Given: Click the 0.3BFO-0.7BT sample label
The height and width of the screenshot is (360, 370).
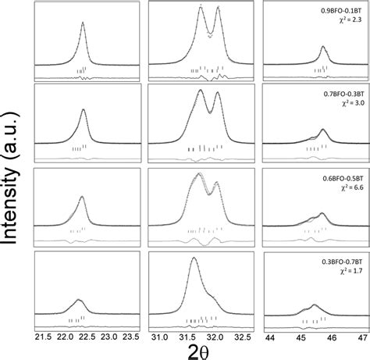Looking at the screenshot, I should (341, 261).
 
